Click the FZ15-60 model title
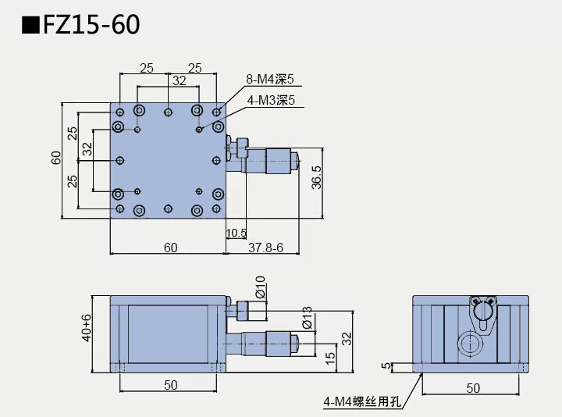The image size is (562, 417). click(x=93, y=25)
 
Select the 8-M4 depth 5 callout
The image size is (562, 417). click(x=270, y=80)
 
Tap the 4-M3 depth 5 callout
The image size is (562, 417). click(x=270, y=100)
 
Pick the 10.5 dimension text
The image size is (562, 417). click(x=237, y=233)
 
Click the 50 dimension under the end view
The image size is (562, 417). click(x=472, y=387)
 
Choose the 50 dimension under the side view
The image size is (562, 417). click(x=170, y=385)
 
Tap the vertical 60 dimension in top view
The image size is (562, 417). click(x=56, y=159)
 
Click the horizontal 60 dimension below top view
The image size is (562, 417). click(x=170, y=248)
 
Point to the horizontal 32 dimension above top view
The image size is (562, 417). click(x=180, y=80)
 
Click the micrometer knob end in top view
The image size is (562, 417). click(x=295, y=161)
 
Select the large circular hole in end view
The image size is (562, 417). click(x=469, y=343)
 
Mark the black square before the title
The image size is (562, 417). click(x=30, y=26)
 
